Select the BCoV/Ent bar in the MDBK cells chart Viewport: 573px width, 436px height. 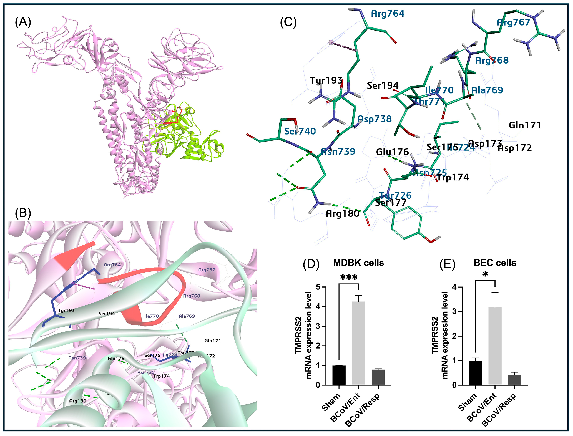point(358,343)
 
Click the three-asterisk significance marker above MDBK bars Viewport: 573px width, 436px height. point(348,278)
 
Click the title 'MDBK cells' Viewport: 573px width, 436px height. point(358,263)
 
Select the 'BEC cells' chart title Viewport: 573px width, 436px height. point(495,263)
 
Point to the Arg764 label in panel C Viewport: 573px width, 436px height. point(388,14)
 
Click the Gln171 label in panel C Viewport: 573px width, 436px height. point(525,125)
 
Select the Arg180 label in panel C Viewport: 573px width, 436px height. point(342,214)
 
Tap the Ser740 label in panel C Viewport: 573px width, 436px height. point(300,131)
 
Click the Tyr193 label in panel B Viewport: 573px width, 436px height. point(66,310)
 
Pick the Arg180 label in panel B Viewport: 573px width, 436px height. point(78,401)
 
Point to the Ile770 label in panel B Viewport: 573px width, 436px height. point(152,316)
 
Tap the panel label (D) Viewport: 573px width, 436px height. point(311,264)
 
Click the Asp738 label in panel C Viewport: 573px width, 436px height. point(375,119)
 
